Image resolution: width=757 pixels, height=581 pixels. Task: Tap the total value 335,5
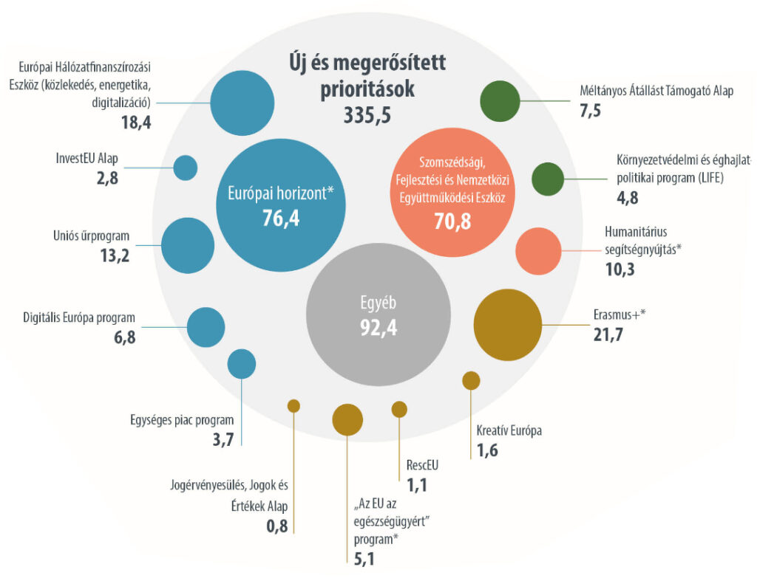click(367, 114)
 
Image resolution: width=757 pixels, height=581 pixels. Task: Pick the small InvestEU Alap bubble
click(186, 168)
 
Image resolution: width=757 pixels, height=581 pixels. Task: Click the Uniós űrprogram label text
click(92, 236)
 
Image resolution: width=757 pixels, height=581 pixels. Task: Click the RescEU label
click(423, 465)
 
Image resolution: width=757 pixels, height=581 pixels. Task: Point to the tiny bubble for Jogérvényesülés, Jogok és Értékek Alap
click(293, 405)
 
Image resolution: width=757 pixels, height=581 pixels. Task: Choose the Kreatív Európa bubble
click(471, 380)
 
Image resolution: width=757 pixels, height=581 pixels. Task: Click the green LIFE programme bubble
click(548, 177)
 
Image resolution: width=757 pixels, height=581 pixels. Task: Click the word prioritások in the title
click(367, 89)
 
